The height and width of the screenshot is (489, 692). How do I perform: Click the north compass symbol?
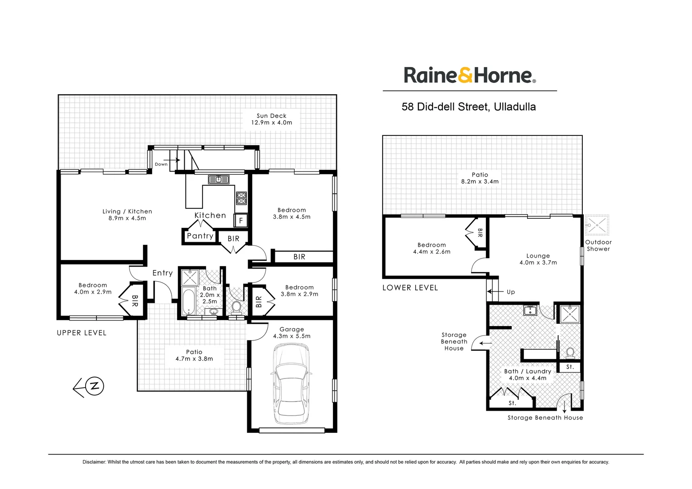94,386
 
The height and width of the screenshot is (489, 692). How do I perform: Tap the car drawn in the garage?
291,384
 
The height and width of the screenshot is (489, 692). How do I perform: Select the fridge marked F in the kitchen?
241,221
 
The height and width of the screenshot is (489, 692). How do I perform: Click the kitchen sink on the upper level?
219,180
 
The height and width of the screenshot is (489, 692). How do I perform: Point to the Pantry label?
200,236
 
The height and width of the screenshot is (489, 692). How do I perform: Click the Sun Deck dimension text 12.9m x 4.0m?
272,123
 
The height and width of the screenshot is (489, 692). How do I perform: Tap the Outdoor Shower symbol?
597,225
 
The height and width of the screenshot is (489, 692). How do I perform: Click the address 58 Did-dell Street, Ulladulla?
469,107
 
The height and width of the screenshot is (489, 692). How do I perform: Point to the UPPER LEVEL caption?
82,333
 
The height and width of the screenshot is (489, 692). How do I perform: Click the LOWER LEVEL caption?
410,288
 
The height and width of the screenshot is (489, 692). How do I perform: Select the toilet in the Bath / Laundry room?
570,352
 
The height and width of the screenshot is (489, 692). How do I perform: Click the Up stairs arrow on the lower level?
495,292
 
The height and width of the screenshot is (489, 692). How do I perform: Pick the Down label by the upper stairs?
161,164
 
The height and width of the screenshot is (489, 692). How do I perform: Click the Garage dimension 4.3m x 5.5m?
292,336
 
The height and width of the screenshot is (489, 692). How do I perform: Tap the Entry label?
163,273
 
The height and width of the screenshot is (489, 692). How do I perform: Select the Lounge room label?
538,256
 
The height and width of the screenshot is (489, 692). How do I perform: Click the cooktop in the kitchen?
241,198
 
